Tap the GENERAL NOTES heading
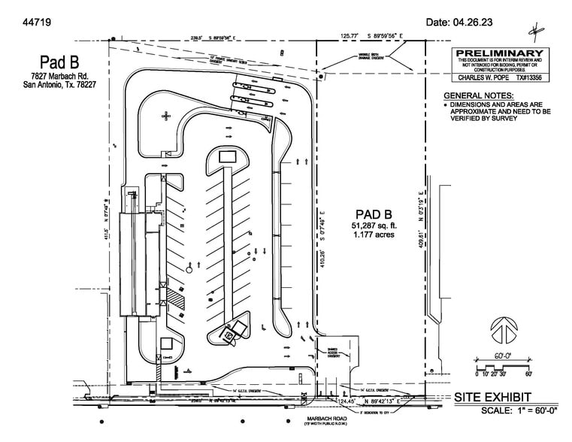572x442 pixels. (x=479, y=96)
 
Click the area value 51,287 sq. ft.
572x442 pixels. (x=373, y=226)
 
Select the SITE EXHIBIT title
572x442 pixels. (x=492, y=396)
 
